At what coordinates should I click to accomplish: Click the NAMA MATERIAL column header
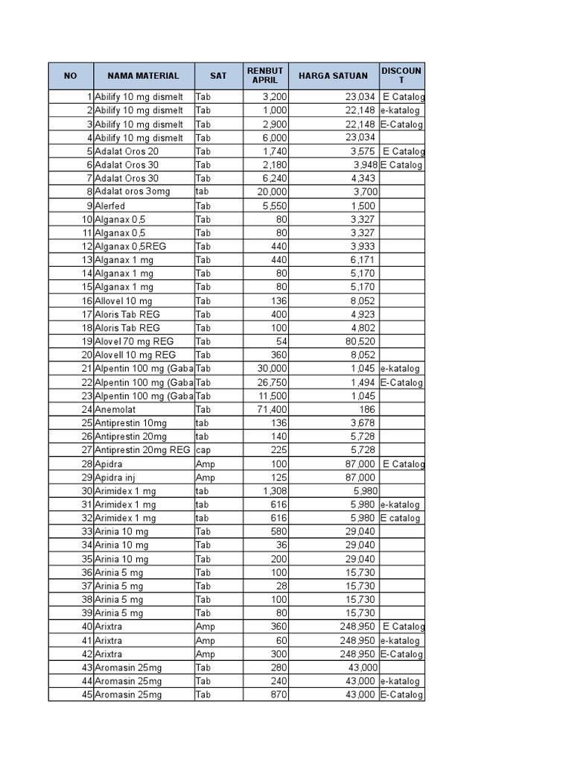click(x=143, y=75)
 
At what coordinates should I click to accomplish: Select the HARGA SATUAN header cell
click(x=333, y=75)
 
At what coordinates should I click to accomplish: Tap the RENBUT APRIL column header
click(x=265, y=75)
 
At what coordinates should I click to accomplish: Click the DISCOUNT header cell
click(x=401, y=75)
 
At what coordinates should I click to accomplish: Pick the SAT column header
click(x=218, y=75)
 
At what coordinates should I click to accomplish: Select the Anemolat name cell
click(x=115, y=409)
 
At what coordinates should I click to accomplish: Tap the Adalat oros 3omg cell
click(x=132, y=191)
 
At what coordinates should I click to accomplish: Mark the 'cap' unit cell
click(x=203, y=450)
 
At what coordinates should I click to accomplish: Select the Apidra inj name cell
click(x=115, y=477)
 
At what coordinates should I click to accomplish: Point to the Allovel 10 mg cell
click(x=123, y=300)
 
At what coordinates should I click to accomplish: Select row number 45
click(x=87, y=694)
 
